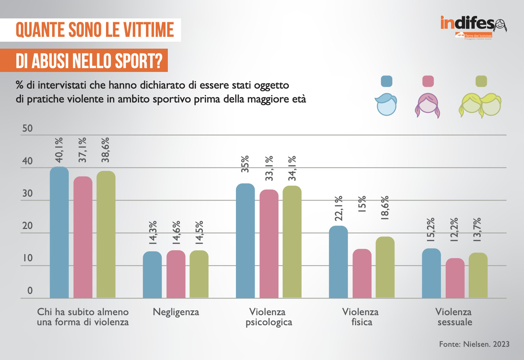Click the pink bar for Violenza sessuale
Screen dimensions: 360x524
tap(455, 278)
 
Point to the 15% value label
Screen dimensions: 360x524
tap(362, 204)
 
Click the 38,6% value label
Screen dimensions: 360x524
tap(106, 150)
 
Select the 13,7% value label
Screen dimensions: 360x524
tap(477, 230)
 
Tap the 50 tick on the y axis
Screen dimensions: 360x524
tap(27, 129)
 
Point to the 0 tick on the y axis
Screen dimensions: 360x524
tap(30, 291)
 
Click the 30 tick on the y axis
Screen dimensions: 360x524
tap(27, 193)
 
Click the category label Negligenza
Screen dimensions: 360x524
tap(176, 312)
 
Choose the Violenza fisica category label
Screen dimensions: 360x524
tap(361, 317)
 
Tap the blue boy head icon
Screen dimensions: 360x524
tap(386, 104)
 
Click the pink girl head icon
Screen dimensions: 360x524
tap(427, 105)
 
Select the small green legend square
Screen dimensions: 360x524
tap(481, 81)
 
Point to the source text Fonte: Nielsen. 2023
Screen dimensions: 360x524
tap(474, 344)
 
